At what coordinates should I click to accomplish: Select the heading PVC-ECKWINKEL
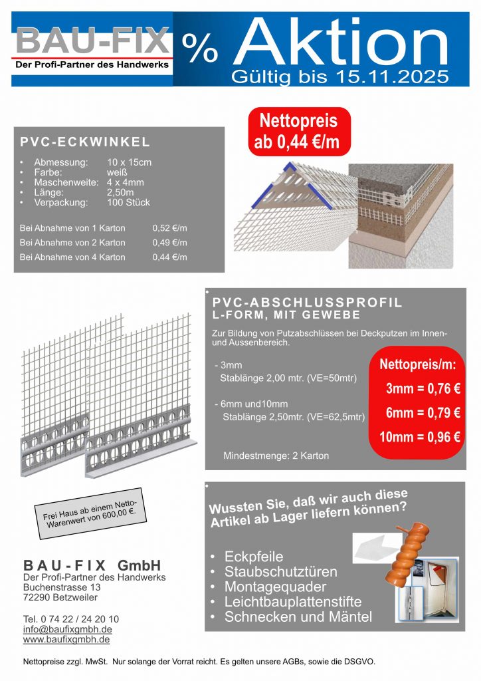coord(85,142)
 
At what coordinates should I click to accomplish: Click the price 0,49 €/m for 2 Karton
coord(169,243)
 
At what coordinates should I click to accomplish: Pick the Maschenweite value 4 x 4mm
coord(125,182)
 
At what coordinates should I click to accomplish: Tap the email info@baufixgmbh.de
coord(67,629)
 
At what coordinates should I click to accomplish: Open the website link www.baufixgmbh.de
coord(66,640)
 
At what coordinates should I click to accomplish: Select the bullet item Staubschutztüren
coord(280,572)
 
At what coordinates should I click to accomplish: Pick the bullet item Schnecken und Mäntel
coord(298,617)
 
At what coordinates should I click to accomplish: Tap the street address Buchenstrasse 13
coord(62,588)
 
